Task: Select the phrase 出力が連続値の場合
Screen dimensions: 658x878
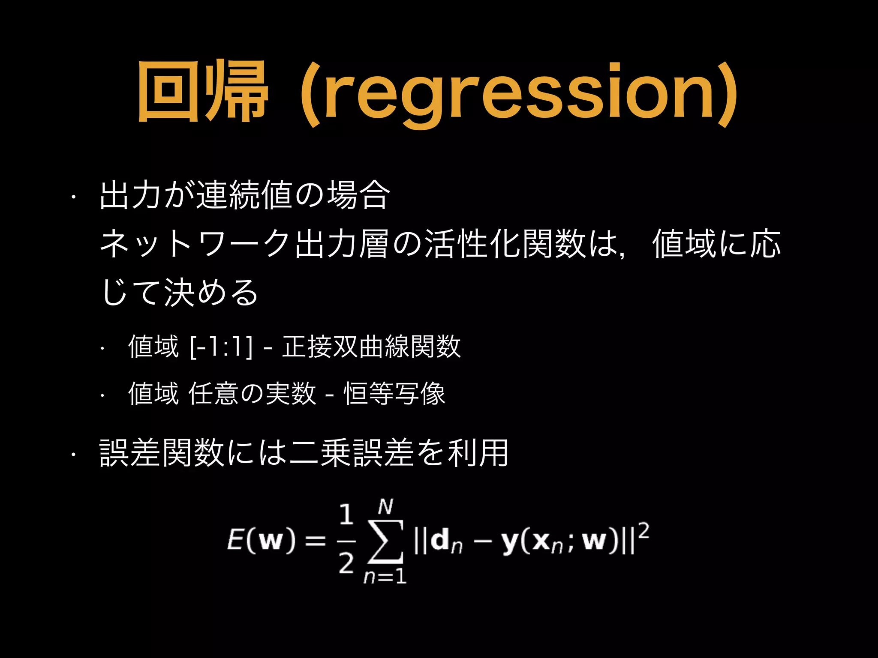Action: click(245, 195)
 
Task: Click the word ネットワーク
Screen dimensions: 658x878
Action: click(195, 244)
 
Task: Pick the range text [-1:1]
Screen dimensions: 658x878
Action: click(221, 347)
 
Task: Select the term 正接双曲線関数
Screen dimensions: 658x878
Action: click(371, 347)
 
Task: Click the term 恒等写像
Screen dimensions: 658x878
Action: click(394, 393)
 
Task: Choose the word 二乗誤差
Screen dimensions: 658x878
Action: click(351, 453)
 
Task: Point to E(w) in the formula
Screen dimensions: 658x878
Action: click(261, 541)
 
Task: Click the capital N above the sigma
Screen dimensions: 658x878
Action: click(385, 507)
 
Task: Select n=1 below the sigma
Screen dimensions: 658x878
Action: click(385, 577)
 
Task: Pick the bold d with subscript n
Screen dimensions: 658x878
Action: click(446, 542)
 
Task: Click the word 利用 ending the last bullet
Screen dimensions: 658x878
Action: click(478, 453)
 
